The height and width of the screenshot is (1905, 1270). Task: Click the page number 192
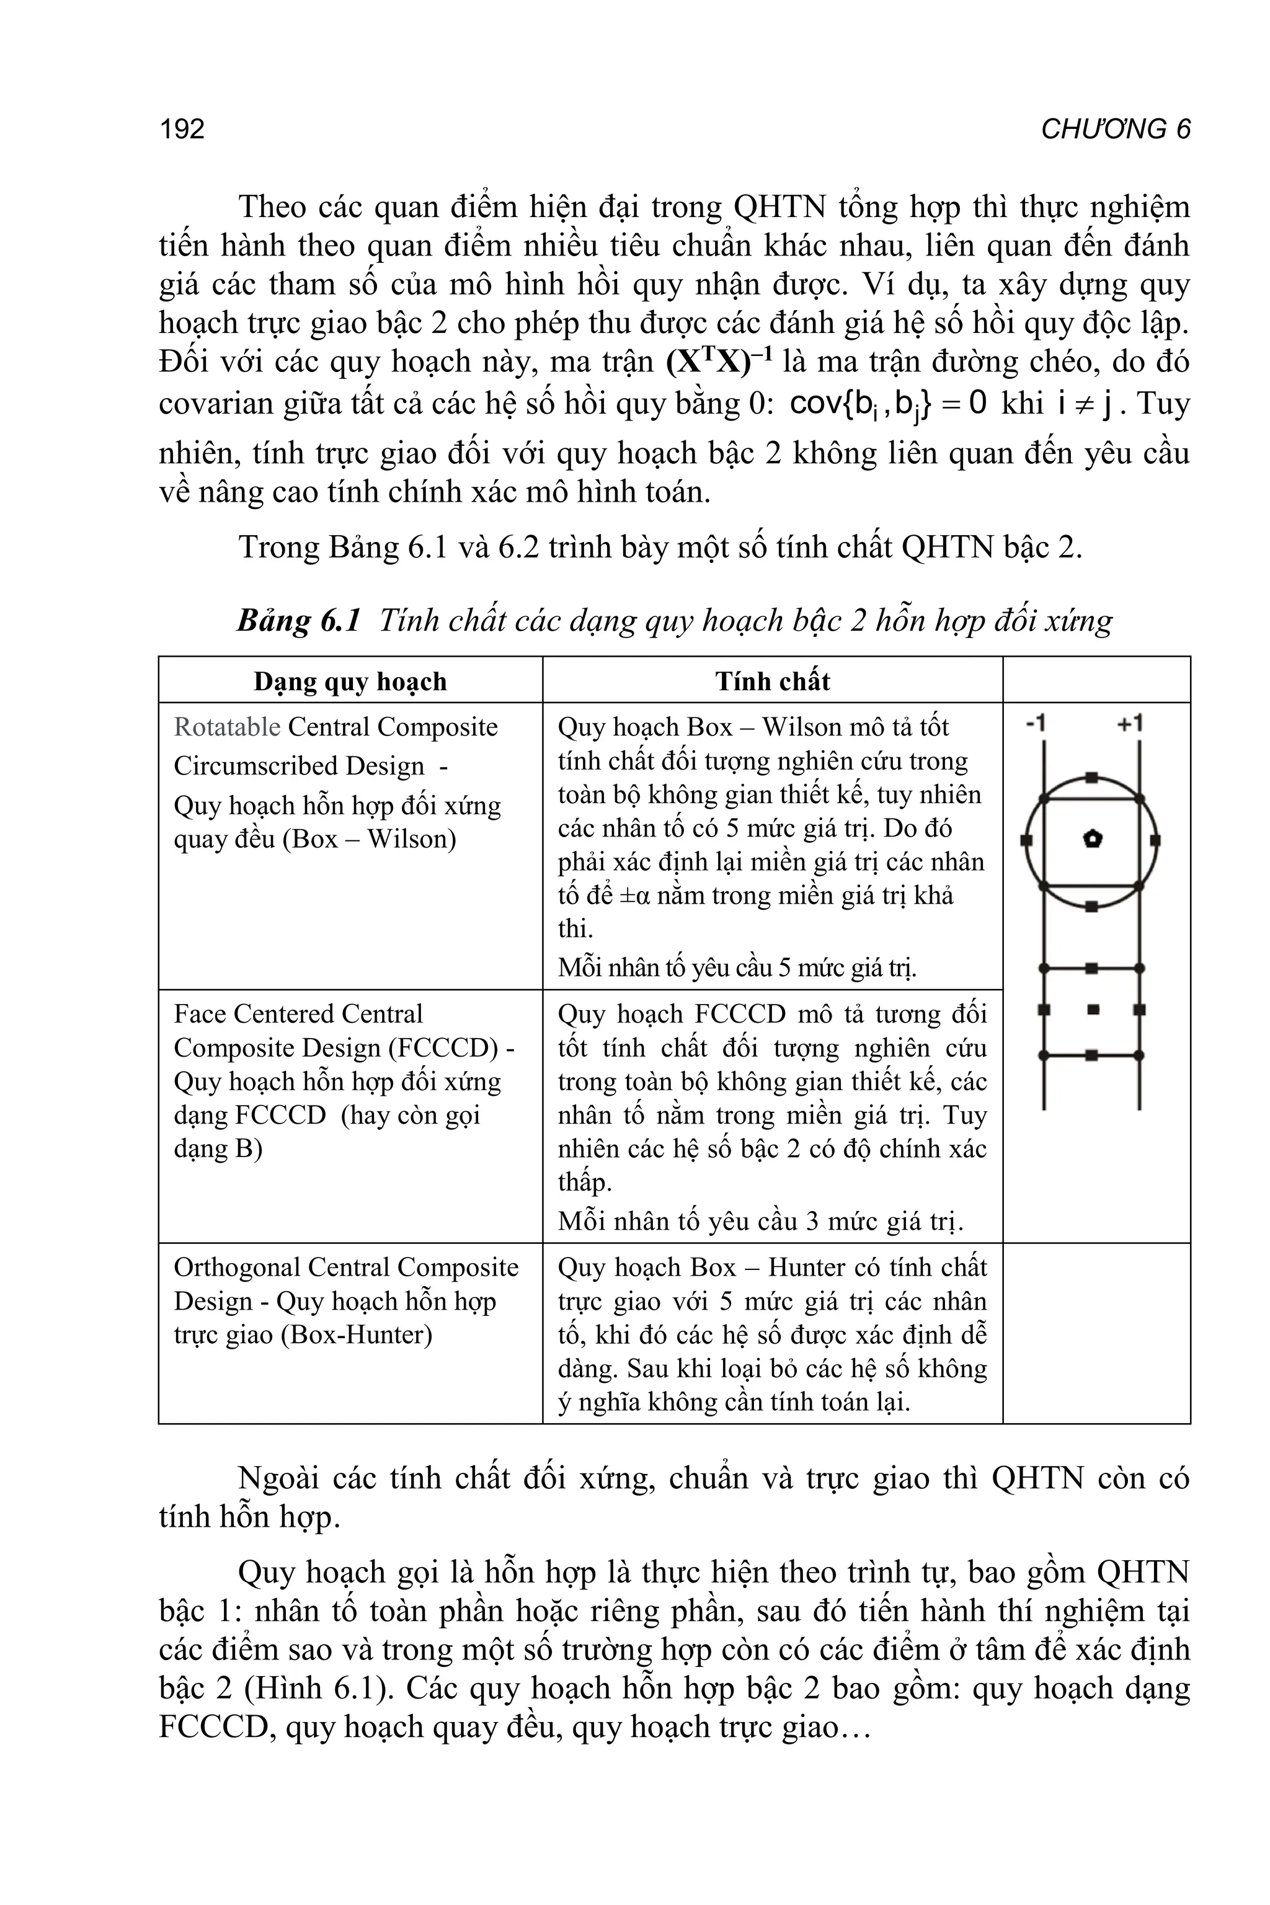tap(182, 129)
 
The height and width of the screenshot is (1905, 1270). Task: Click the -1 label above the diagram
tap(1037, 722)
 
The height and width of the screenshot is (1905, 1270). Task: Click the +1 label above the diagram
tap(1130, 722)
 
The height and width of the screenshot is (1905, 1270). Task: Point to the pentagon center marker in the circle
tap(1092, 839)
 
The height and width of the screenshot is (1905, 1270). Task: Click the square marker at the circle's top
tap(1092, 778)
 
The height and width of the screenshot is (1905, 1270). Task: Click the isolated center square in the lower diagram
tap(1093, 1009)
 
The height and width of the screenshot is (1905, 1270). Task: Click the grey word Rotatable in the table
tap(227, 727)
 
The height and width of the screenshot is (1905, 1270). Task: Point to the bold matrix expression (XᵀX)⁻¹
tap(719, 360)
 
